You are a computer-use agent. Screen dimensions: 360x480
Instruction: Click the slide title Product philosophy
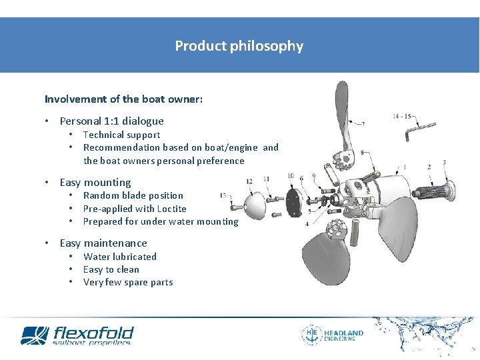click(x=239, y=46)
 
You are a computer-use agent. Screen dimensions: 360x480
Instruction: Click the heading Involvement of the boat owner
click(x=123, y=99)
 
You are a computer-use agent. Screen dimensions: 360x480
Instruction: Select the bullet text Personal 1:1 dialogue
click(x=111, y=121)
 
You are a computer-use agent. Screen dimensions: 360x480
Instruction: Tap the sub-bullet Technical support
click(x=121, y=135)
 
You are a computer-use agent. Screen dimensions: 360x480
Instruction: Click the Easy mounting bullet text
click(x=95, y=183)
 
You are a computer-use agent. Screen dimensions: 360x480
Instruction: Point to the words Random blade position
click(x=133, y=195)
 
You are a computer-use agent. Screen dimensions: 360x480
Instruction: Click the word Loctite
click(x=171, y=209)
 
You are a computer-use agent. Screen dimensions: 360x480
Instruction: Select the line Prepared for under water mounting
click(x=160, y=221)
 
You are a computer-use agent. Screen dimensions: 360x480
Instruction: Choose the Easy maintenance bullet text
click(x=103, y=243)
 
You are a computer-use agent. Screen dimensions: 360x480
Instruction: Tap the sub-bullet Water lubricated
click(x=120, y=257)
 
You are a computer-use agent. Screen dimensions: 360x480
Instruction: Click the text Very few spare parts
click(x=128, y=282)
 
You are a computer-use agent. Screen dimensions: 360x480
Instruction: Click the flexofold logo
click(x=77, y=335)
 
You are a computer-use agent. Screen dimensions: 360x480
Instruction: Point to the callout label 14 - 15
click(x=402, y=117)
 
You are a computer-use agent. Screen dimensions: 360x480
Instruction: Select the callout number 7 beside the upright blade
click(x=363, y=123)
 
